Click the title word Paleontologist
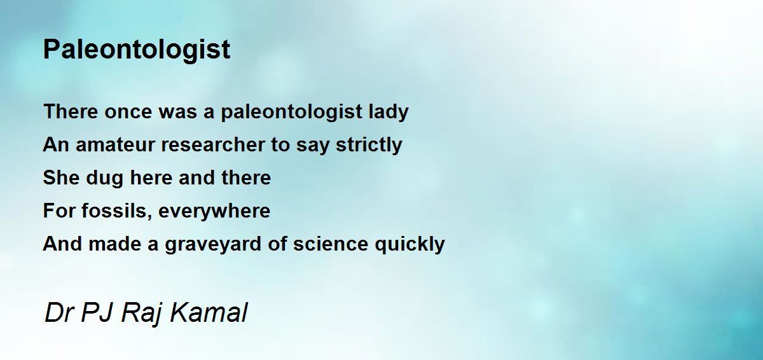coord(137,50)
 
